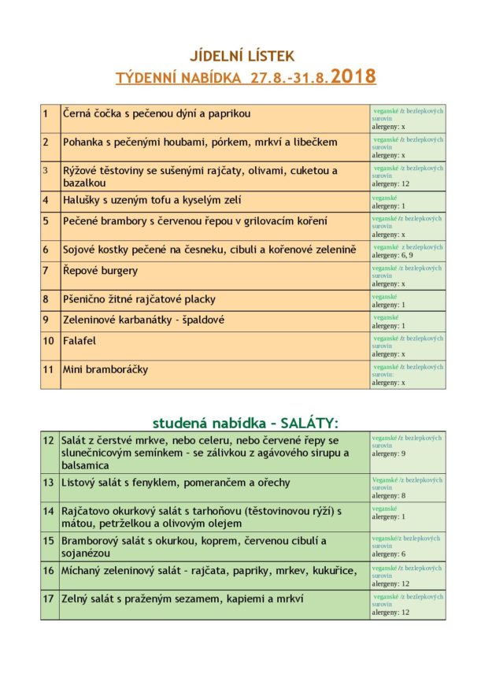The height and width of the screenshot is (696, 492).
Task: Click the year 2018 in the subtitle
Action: (353, 77)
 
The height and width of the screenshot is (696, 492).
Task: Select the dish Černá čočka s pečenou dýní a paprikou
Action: (157, 113)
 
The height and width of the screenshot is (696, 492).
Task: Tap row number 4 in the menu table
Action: (46, 200)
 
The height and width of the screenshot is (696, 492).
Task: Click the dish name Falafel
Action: (80, 341)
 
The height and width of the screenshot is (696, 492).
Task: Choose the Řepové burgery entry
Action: (100, 271)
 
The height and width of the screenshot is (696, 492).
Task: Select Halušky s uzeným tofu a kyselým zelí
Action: (152, 200)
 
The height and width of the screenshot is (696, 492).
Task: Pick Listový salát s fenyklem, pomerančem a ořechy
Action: (176, 483)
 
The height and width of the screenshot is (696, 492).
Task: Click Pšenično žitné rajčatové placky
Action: (139, 299)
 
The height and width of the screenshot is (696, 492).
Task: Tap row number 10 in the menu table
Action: (48, 341)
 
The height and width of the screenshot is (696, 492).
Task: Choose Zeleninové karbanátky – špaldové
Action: (144, 320)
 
